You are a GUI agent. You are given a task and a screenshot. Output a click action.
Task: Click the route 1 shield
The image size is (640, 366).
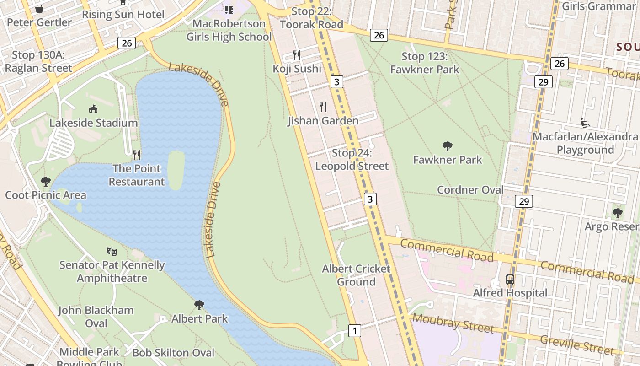(x=354, y=330)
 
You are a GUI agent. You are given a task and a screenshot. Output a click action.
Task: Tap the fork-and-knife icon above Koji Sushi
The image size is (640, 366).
(x=297, y=55)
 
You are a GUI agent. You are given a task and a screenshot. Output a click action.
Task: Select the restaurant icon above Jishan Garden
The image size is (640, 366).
(x=323, y=107)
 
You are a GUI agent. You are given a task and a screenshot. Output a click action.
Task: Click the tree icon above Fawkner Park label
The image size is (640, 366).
(x=448, y=146)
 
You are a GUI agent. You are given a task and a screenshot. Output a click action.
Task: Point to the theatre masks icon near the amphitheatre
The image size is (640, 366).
(x=112, y=251)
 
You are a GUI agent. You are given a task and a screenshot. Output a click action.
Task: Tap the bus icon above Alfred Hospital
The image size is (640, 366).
(x=510, y=280)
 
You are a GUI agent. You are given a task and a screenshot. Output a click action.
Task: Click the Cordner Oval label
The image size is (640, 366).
(x=470, y=190)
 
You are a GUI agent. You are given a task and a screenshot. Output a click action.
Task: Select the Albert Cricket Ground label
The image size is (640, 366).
(x=356, y=275)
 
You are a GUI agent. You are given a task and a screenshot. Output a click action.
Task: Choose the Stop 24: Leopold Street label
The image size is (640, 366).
(x=352, y=160)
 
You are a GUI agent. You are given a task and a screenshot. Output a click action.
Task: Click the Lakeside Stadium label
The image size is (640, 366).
(x=94, y=123)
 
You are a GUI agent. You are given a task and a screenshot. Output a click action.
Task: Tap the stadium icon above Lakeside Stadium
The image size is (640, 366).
(x=93, y=109)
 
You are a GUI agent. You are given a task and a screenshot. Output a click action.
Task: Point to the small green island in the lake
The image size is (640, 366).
(x=176, y=169)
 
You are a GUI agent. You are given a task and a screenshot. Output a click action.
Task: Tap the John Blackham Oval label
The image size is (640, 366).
(x=96, y=317)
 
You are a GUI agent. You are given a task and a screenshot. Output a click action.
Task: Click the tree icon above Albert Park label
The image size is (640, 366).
(x=199, y=305)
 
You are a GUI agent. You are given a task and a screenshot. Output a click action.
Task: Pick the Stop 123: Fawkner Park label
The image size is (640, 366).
(x=424, y=63)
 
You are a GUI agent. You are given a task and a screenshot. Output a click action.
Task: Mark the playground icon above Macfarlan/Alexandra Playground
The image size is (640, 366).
(x=585, y=123)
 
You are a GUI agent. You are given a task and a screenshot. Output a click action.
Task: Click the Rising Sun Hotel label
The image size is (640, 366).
(x=123, y=14)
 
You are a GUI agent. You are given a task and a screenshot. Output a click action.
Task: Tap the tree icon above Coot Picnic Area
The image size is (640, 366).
(x=45, y=181)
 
